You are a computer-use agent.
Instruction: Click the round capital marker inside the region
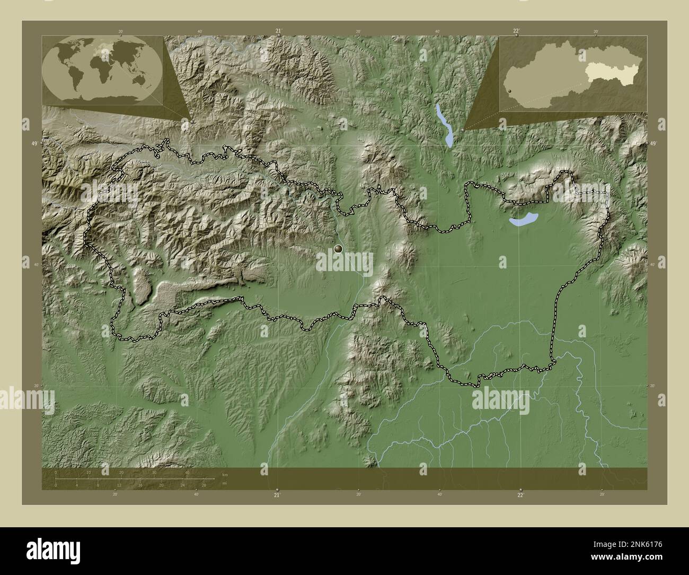339,248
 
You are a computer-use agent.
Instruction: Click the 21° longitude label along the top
278,31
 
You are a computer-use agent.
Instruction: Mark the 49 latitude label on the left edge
34,144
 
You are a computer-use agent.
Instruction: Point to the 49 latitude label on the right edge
653,144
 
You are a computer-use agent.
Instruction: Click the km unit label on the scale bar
225,475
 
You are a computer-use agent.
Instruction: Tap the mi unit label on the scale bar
225,484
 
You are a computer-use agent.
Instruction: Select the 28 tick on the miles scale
204,485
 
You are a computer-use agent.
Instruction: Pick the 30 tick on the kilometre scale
154,472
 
